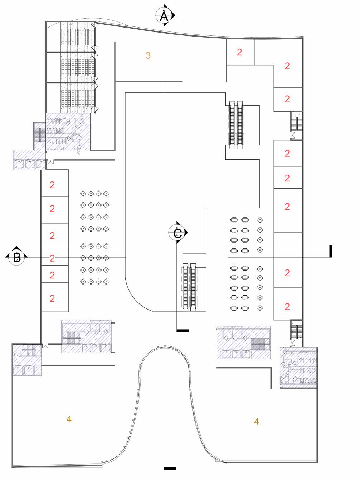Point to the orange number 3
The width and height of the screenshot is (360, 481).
[148, 55]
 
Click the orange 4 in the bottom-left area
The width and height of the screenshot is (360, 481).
[69, 419]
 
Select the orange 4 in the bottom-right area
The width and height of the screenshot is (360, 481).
[256, 421]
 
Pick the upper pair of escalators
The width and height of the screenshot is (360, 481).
[236, 123]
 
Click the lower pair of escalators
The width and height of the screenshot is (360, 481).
[190, 286]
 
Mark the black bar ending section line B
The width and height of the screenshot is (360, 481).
[331, 251]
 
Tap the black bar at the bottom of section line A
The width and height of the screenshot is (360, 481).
[169, 468]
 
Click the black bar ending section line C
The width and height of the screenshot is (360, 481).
[183, 331]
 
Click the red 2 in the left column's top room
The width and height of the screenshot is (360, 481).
[52, 185]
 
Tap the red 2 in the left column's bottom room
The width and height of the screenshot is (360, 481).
[52, 298]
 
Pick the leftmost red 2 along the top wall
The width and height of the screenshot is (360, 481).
[239, 52]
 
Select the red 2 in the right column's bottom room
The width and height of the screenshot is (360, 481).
[287, 307]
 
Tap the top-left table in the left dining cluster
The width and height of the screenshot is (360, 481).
[83, 193]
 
